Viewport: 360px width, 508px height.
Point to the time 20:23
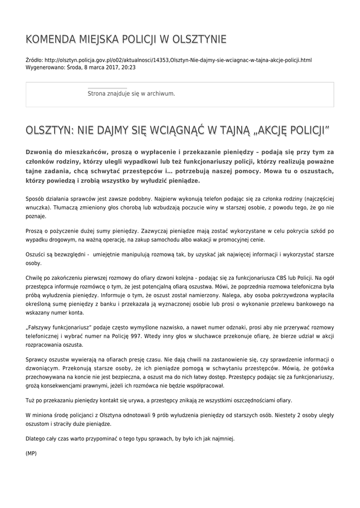(128, 67)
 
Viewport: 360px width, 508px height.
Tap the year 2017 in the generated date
(110, 67)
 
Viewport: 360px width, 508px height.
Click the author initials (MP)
(31, 452)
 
